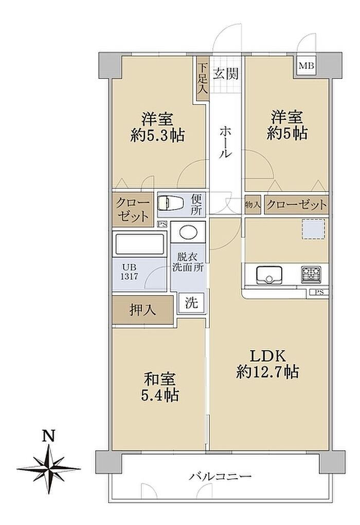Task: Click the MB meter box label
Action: pos(307,66)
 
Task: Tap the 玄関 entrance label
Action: pos(226,73)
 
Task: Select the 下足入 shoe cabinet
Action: pos(203,78)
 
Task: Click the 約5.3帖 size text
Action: pos(157,135)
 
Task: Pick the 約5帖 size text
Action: pos(287,134)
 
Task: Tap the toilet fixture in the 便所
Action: pos(170,203)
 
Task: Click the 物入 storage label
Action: pos(253,204)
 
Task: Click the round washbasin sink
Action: pos(188,232)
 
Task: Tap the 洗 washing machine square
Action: pos(191,303)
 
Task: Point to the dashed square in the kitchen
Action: pos(314,230)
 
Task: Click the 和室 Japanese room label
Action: pos(160,380)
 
